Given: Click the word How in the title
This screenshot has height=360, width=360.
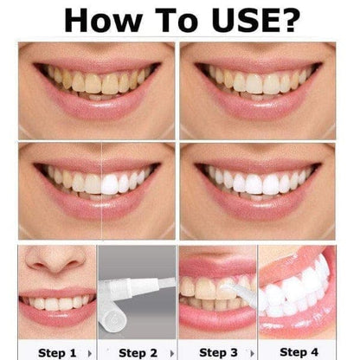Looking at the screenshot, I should (x=101, y=18).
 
